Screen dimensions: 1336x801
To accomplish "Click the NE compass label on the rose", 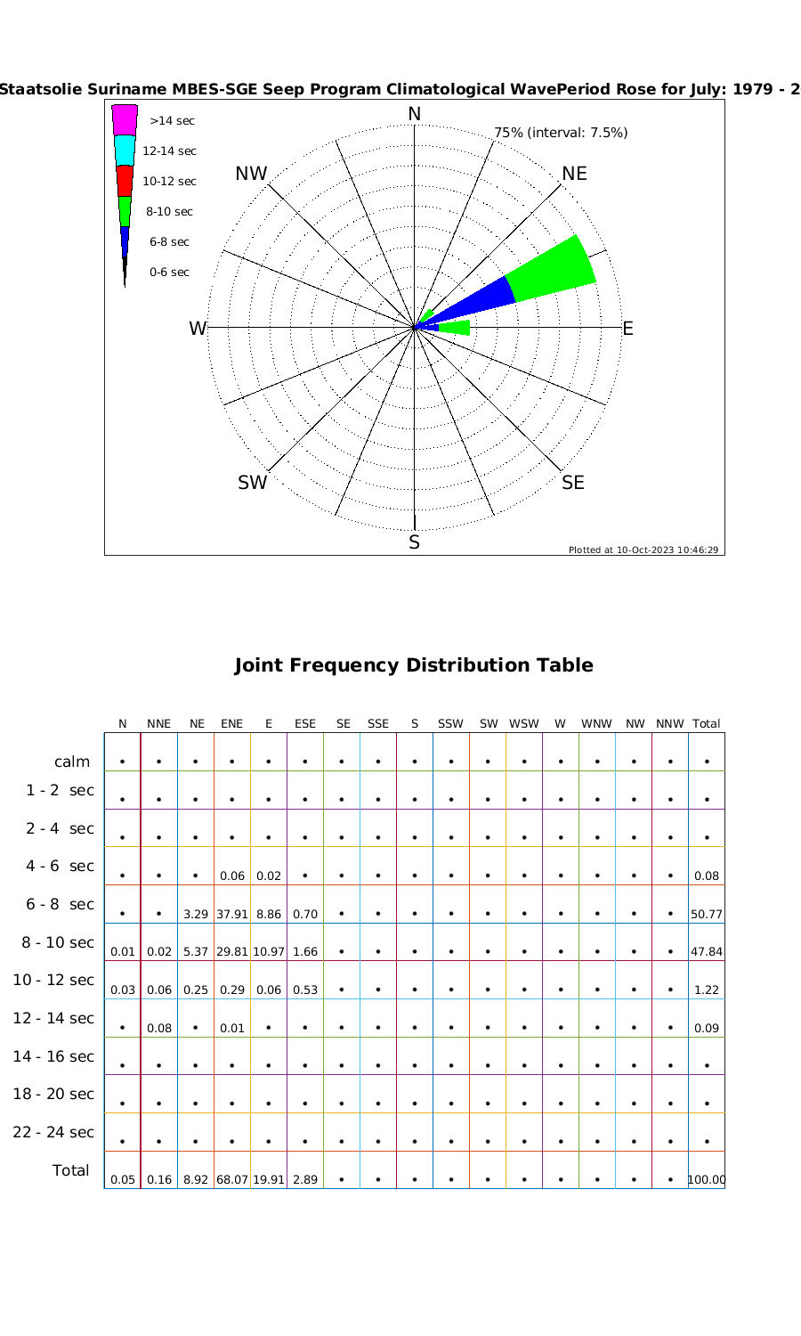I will (574, 174).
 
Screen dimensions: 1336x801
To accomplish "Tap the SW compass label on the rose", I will (253, 483).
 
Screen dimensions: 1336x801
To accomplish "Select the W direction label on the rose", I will (198, 329).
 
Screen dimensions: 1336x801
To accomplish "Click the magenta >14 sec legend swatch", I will (125, 120).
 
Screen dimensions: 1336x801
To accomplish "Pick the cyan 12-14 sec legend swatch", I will (125, 151).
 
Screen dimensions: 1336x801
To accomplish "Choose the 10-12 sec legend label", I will (169, 181).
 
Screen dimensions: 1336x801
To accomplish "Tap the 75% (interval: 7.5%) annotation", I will (561, 133).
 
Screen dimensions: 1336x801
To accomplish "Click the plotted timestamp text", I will (643, 550).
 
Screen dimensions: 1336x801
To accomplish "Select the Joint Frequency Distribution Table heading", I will (414, 665).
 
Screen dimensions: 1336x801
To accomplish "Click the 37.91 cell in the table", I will (231, 914).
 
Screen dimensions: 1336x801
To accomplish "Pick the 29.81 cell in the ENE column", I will (231, 951).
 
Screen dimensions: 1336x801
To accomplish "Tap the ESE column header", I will (305, 724).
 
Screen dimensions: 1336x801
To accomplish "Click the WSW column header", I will (524, 724).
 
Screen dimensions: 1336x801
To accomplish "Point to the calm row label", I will (72, 762).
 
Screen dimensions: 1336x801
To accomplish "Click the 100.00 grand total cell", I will (707, 1180).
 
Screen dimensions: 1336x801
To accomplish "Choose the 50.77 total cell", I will (707, 914).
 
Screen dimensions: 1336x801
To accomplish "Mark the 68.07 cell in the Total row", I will (231, 1180).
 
